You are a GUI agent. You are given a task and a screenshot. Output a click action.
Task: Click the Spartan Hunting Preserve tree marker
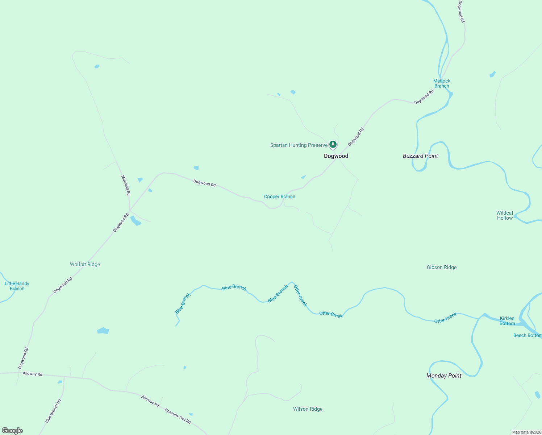[x=333, y=145]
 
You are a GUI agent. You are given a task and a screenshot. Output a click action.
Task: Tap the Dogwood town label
[x=336, y=156]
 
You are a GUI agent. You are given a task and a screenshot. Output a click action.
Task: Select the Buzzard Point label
[x=420, y=156]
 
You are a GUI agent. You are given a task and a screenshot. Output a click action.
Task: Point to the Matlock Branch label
[x=442, y=83]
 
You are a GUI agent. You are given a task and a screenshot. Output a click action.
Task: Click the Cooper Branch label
[x=280, y=196]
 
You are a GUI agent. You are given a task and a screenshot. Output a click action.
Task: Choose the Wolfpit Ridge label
[x=85, y=264]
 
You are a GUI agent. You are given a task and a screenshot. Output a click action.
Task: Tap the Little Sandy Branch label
[x=17, y=286]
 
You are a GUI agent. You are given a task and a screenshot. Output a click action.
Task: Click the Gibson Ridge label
[x=442, y=267]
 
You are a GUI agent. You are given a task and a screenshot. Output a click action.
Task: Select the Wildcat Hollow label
[x=505, y=215]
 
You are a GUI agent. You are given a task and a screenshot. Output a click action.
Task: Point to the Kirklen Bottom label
[x=507, y=321]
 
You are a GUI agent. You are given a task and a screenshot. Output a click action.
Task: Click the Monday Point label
[x=444, y=376]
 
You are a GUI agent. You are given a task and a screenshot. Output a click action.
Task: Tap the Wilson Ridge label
[x=308, y=409]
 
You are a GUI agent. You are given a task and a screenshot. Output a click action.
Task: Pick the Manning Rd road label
[x=125, y=185]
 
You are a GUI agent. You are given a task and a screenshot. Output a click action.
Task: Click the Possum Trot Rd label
[x=178, y=416]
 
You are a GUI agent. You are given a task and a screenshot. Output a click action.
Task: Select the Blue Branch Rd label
[x=53, y=411]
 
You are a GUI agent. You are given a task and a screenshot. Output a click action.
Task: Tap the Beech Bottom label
[x=527, y=335]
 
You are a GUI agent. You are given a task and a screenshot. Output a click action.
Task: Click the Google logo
[x=12, y=431]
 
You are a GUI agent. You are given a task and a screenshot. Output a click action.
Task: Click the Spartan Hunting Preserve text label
[x=299, y=145]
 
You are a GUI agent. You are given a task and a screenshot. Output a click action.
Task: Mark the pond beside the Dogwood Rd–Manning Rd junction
[x=135, y=220]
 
